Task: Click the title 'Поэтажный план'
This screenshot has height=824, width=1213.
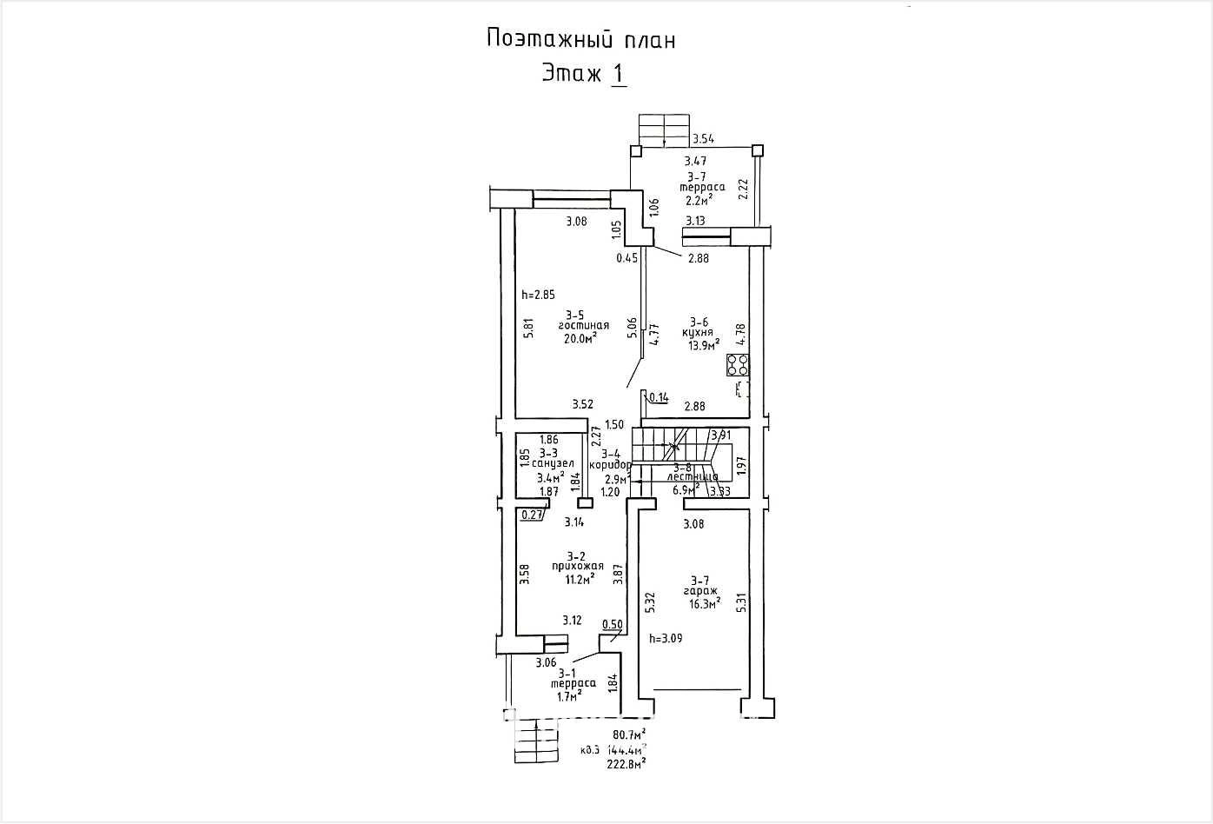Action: coord(580,40)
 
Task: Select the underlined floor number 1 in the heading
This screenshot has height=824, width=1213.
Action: coord(618,74)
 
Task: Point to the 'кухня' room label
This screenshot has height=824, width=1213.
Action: coord(698,332)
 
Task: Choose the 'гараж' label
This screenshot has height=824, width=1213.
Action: coord(699,591)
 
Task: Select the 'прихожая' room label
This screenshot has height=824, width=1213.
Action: coord(577,566)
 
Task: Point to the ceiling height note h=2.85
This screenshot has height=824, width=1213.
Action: coord(538,295)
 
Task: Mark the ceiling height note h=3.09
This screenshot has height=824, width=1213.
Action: coord(666,638)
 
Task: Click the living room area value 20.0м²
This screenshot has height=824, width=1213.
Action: coord(580,339)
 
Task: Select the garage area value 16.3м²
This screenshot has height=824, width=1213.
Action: coord(700,603)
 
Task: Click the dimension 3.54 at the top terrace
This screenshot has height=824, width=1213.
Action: coord(704,139)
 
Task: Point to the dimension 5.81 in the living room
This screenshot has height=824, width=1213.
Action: coord(527,326)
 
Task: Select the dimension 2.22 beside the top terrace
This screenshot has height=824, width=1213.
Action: coord(743,189)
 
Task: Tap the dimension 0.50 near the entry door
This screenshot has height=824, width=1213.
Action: coord(612,624)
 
